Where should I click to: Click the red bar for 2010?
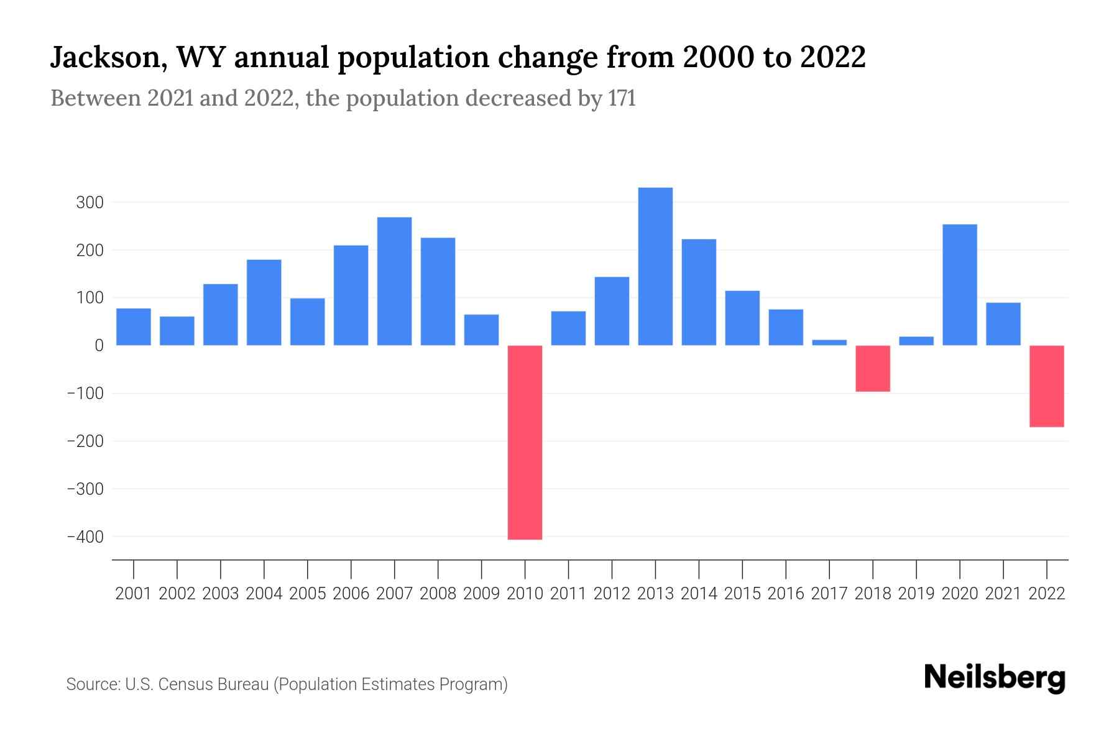click(x=525, y=442)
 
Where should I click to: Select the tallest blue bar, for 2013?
click(x=655, y=266)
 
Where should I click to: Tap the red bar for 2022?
click(x=1046, y=386)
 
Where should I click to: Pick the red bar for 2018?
click(x=873, y=369)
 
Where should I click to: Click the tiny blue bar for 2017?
click(x=829, y=342)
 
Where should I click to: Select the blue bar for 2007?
click(x=394, y=281)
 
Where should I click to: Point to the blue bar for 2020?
click(x=959, y=285)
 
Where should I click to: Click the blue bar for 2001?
click(x=134, y=326)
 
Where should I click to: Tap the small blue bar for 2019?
click(x=916, y=341)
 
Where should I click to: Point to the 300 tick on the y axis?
click(x=90, y=203)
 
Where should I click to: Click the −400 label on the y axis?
click(x=85, y=536)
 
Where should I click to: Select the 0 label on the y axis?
click(x=99, y=346)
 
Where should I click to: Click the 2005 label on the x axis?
click(x=308, y=594)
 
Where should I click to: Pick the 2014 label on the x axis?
click(x=699, y=594)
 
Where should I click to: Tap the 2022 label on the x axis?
click(x=1047, y=594)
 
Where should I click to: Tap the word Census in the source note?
click(x=184, y=684)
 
